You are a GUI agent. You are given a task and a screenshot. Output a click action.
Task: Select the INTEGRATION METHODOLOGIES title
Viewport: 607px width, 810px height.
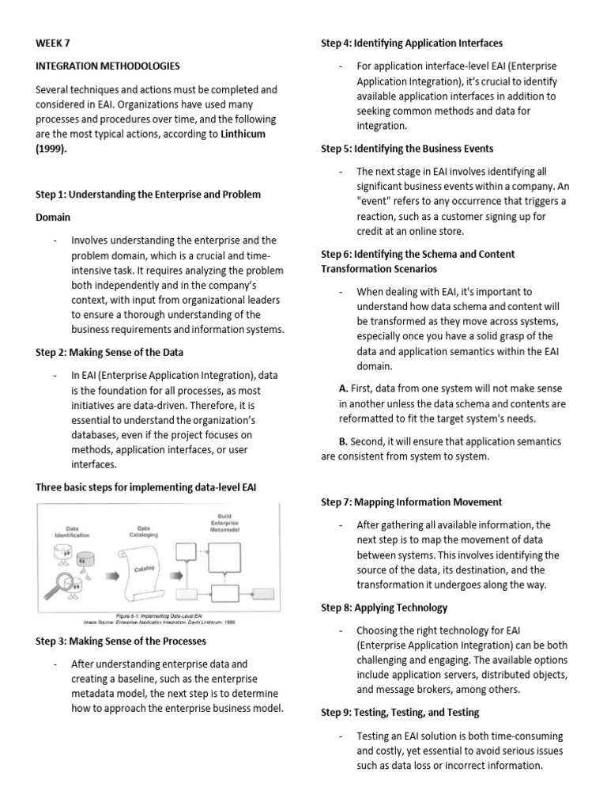pyautogui.click(x=108, y=66)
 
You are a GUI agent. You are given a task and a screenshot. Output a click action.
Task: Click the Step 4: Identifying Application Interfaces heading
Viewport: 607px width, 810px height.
pyautogui.click(x=411, y=43)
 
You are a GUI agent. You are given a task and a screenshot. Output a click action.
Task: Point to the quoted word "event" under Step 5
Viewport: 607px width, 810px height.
pyautogui.click(x=375, y=201)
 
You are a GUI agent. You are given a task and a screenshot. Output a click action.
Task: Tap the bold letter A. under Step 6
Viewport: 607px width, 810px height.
pyautogui.click(x=343, y=389)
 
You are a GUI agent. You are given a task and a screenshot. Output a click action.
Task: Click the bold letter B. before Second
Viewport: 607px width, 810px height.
pyautogui.click(x=343, y=441)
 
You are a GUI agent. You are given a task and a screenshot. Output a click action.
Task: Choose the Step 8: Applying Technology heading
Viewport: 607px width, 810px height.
pyautogui.click(x=383, y=607)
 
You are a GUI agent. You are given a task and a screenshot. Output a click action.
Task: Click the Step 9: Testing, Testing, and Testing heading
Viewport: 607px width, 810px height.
pyautogui.click(x=400, y=713)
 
